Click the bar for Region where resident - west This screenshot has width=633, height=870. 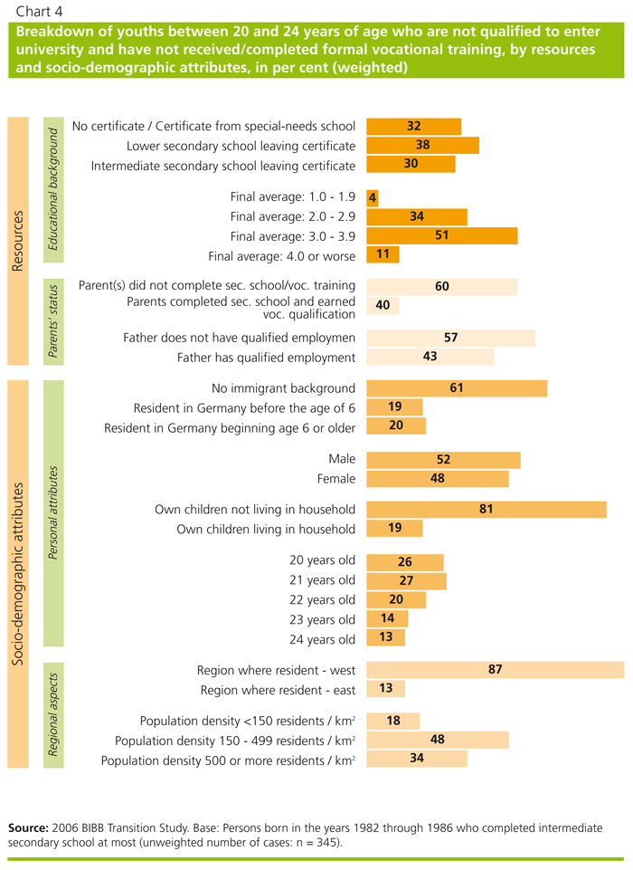click(x=496, y=670)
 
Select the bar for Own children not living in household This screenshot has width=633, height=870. click(x=487, y=510)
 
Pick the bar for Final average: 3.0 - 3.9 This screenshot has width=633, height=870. click(x=442, y=235)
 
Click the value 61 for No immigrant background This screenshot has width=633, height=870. click(x=457, y=388)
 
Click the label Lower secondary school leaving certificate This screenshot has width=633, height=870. click(x=241, y=146)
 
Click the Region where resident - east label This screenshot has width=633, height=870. click(x=279, y=690)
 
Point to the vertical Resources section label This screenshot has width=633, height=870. click(x=17, y=242)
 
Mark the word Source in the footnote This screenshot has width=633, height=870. click(x=28, y=827)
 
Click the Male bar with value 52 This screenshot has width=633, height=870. click(x=444, y=459)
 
